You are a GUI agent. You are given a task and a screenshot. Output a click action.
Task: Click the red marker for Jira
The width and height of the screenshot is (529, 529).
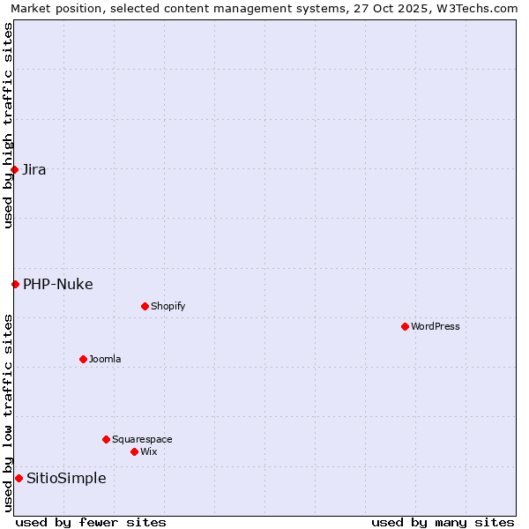click(x=15, y=169)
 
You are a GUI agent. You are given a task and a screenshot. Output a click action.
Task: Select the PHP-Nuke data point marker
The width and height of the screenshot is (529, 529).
click(x=15, y=284)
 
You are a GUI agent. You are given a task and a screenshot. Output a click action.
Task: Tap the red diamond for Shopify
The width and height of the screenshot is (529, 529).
click(x=145, y=306)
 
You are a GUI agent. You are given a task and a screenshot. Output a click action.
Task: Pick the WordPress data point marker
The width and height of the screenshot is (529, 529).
click(x=405, y=326)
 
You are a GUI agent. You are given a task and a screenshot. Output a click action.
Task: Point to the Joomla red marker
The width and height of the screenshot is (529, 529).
click(x=83, y=359)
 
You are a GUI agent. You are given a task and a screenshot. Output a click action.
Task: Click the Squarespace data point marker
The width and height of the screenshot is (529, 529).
click(x=106, y=439)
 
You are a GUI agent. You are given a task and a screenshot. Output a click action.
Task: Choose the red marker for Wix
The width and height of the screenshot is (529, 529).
click(x=134, y=451)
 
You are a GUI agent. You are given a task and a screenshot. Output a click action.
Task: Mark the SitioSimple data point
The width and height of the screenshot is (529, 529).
click(x=19, y=478)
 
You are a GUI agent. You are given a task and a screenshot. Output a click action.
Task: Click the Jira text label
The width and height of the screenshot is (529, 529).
click(x=34, y=169)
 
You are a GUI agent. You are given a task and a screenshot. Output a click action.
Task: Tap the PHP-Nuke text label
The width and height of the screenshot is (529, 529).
click(x=57, y=284)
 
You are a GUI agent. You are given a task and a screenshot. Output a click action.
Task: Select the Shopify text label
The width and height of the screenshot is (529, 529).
click(x=168, y=306)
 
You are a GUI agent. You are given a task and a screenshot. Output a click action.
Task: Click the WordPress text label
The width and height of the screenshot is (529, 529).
click(x=436, y=326)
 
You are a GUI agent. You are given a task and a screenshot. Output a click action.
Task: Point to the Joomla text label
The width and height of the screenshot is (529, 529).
click(x=105, y=359)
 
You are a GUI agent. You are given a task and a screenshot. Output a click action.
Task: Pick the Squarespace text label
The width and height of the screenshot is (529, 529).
click(x=142, y=439)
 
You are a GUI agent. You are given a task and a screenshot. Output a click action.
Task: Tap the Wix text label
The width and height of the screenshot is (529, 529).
click(x=148, y=451)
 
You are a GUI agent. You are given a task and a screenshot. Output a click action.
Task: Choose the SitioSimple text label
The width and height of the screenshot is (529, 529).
click(x=66, y=478)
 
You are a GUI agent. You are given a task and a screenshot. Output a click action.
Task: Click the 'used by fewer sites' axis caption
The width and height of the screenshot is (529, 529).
click(x=91, y=522)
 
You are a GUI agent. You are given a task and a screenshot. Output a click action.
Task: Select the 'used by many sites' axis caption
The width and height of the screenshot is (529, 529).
click(x=443, y=522)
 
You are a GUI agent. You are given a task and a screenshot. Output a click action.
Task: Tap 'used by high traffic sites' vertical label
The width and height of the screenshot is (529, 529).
click(x=8, y=125)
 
